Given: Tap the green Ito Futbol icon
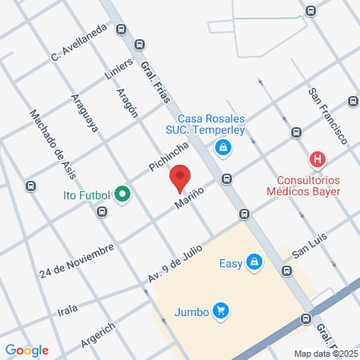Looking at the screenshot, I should click(122, 194).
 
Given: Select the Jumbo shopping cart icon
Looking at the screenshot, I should click(222, 311).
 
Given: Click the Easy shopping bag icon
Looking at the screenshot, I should click(254, 262).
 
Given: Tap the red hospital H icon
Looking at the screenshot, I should click(318, 158).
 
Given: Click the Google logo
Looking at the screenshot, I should click(26, 350).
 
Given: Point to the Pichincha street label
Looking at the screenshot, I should click(168, 156).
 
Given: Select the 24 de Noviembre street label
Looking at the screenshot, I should click(76, 262).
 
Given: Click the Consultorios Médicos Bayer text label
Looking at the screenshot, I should click(309, 186).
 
